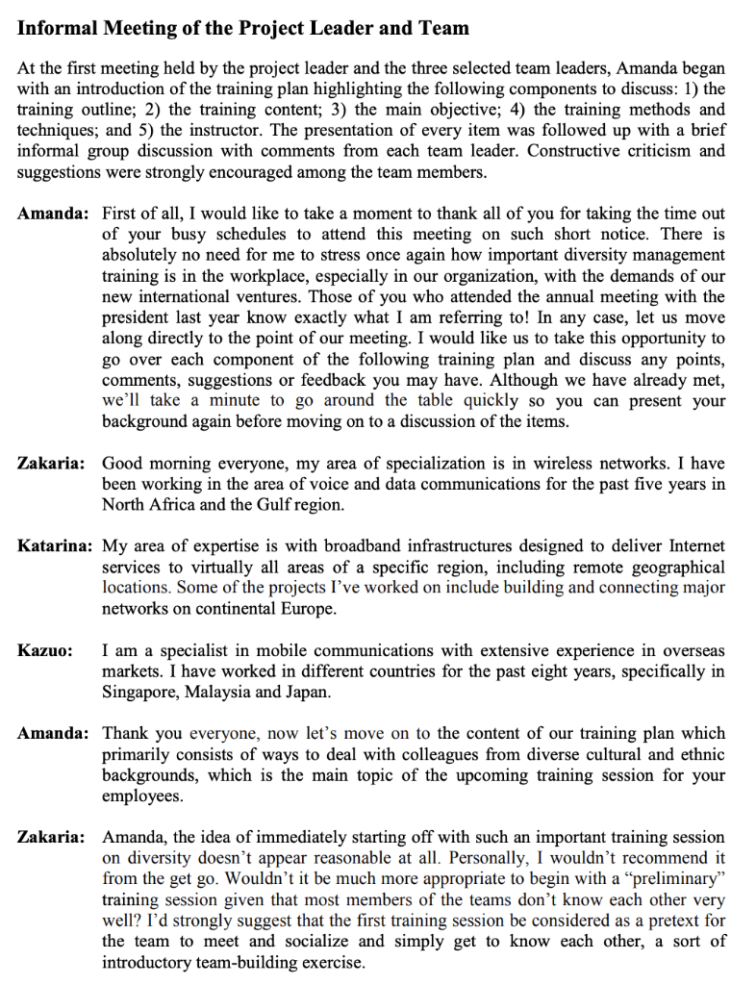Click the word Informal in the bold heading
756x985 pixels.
click(x=57, y=28)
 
